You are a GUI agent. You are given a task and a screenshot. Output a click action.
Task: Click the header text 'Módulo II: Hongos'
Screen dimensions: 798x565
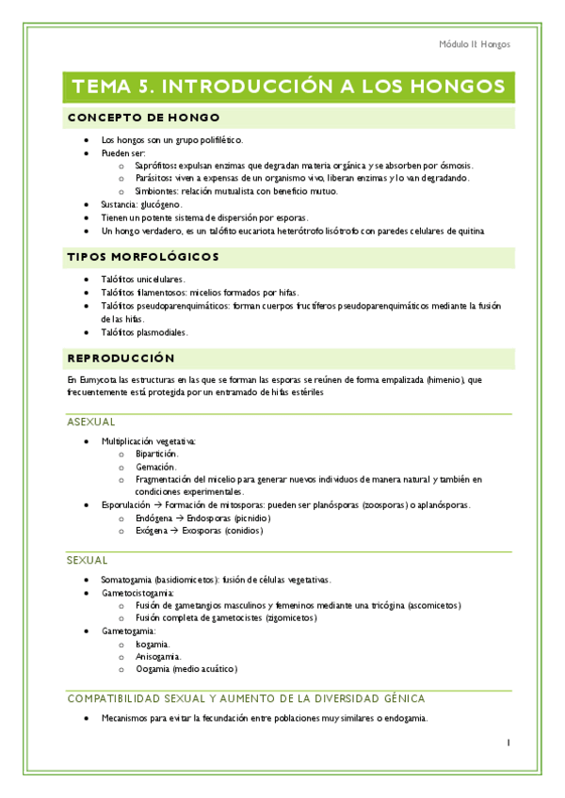pyautogui.click(x=476, y=44)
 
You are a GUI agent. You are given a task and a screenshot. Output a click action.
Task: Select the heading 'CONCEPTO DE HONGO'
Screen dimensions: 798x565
pyautogui.click(x=143, y=118)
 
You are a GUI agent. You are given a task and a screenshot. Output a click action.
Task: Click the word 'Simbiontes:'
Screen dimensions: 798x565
pyautogui.click(x=158, y=191)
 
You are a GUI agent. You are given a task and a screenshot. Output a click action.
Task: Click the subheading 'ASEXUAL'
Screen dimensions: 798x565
pyautogui.click(x=91, y=423)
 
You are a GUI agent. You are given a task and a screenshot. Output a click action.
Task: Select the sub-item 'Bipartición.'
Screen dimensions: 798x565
pyautogui.click(x=156, y=453)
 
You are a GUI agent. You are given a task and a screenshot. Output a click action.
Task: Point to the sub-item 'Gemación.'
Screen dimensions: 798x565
pyautogui.click(x=155, y=466)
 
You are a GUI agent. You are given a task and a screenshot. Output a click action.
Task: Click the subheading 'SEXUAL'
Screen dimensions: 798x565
pyautogui.click(x=88, y=560)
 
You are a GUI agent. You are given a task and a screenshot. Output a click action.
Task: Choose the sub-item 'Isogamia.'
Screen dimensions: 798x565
pyautogui.click(x=153, y=643)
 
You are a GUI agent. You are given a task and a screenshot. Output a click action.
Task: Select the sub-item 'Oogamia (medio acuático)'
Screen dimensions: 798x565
pyautogui.click(x=186, y=669)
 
